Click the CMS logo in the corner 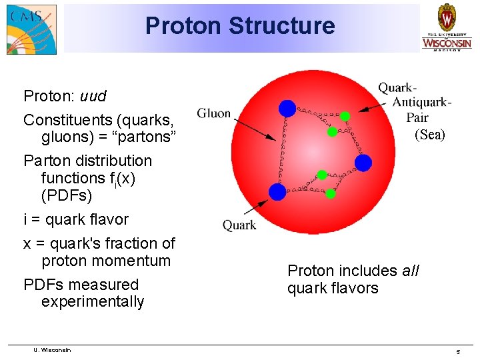31,29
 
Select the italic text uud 93,96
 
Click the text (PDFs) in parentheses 66,196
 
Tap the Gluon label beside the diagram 213,113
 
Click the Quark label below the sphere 239,225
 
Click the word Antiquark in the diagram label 422,102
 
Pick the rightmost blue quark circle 363,162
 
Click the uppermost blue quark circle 287,107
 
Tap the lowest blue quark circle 277,192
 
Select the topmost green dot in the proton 345,116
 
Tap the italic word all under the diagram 409,271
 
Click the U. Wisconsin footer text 52,350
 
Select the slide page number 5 457,351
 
